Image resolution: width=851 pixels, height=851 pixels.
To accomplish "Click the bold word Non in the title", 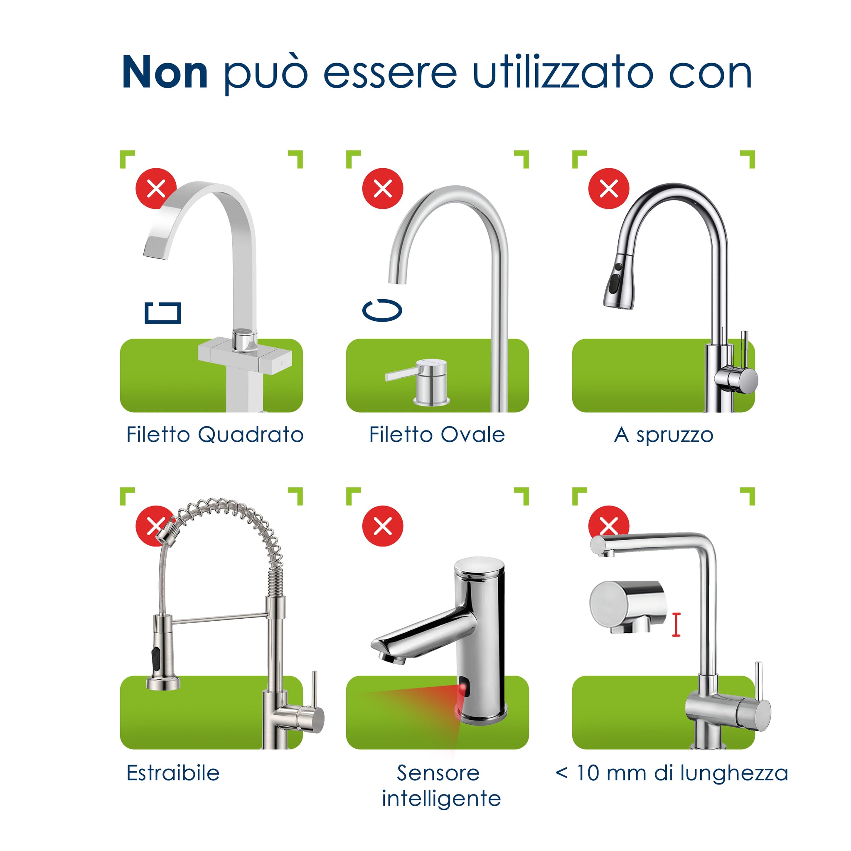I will point(164,73).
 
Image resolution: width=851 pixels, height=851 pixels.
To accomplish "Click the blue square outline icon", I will point(162,313).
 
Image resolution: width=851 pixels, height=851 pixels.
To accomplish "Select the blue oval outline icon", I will point(382,310).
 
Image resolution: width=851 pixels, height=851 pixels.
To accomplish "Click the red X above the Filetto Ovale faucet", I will point(382,189).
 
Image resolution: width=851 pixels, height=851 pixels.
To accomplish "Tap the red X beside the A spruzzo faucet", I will point(608,189).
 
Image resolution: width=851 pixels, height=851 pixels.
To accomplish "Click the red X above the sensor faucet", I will point(382,526).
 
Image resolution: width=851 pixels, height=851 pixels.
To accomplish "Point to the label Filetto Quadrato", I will point(214,435).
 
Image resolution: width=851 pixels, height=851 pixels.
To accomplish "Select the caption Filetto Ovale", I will point(437,435).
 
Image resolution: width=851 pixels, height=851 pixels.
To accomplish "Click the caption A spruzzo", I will point(663,435).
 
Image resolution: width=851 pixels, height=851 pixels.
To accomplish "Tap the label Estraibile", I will point(173,773).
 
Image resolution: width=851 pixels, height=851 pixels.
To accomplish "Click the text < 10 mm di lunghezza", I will point(671,773).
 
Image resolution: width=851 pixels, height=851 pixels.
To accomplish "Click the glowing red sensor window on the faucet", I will point(462,689).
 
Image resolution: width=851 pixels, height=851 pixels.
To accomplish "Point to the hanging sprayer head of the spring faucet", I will point(162,652).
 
